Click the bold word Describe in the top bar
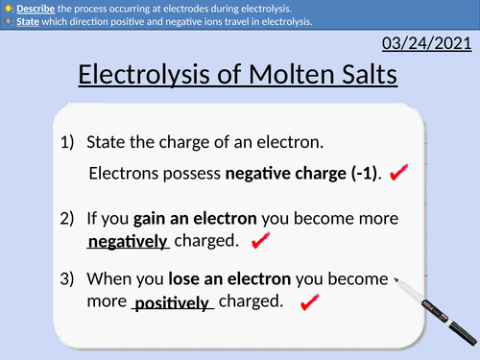[35, 8]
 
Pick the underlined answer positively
[172, 303]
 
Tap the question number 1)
[68, 143]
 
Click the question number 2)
[68, 219]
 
